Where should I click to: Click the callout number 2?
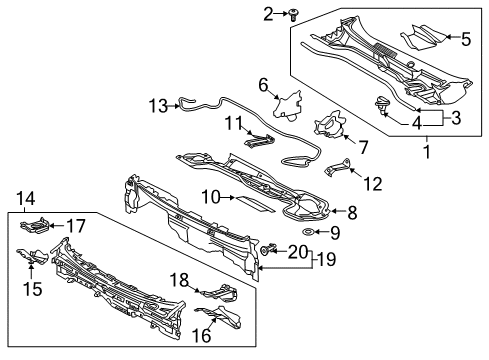240,13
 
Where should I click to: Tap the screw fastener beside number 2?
263,14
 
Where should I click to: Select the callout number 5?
464,38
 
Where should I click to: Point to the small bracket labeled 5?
421,39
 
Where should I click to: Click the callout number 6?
264,85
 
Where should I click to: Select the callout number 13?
156,104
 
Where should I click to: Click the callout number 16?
201,337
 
